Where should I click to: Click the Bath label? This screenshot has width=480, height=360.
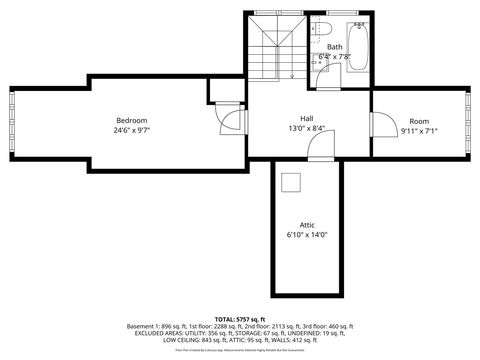pos(333,46)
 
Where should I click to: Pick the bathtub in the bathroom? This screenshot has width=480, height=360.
pos(359,46)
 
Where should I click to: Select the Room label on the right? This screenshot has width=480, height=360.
pos(419,120)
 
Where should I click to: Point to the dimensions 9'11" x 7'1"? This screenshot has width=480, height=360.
pos(419,130)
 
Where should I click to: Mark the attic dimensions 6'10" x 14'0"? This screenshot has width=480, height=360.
pos(308,235)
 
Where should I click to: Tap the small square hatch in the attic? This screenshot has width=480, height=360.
pos(291,182)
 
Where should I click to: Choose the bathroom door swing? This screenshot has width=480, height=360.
pos(318,72)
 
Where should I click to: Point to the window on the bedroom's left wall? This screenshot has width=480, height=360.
pos(11,124)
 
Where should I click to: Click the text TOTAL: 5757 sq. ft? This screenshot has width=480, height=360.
pos(240,318)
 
